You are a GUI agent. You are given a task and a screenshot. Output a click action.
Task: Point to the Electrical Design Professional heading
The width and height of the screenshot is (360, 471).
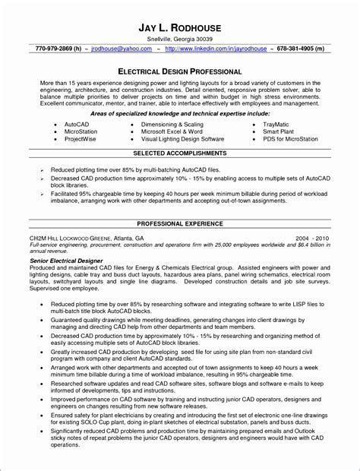(179, 68)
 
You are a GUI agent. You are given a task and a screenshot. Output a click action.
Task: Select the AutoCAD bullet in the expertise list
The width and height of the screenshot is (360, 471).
(77, 122)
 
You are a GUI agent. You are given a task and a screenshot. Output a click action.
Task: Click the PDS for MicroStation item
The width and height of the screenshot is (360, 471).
(300, 139)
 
